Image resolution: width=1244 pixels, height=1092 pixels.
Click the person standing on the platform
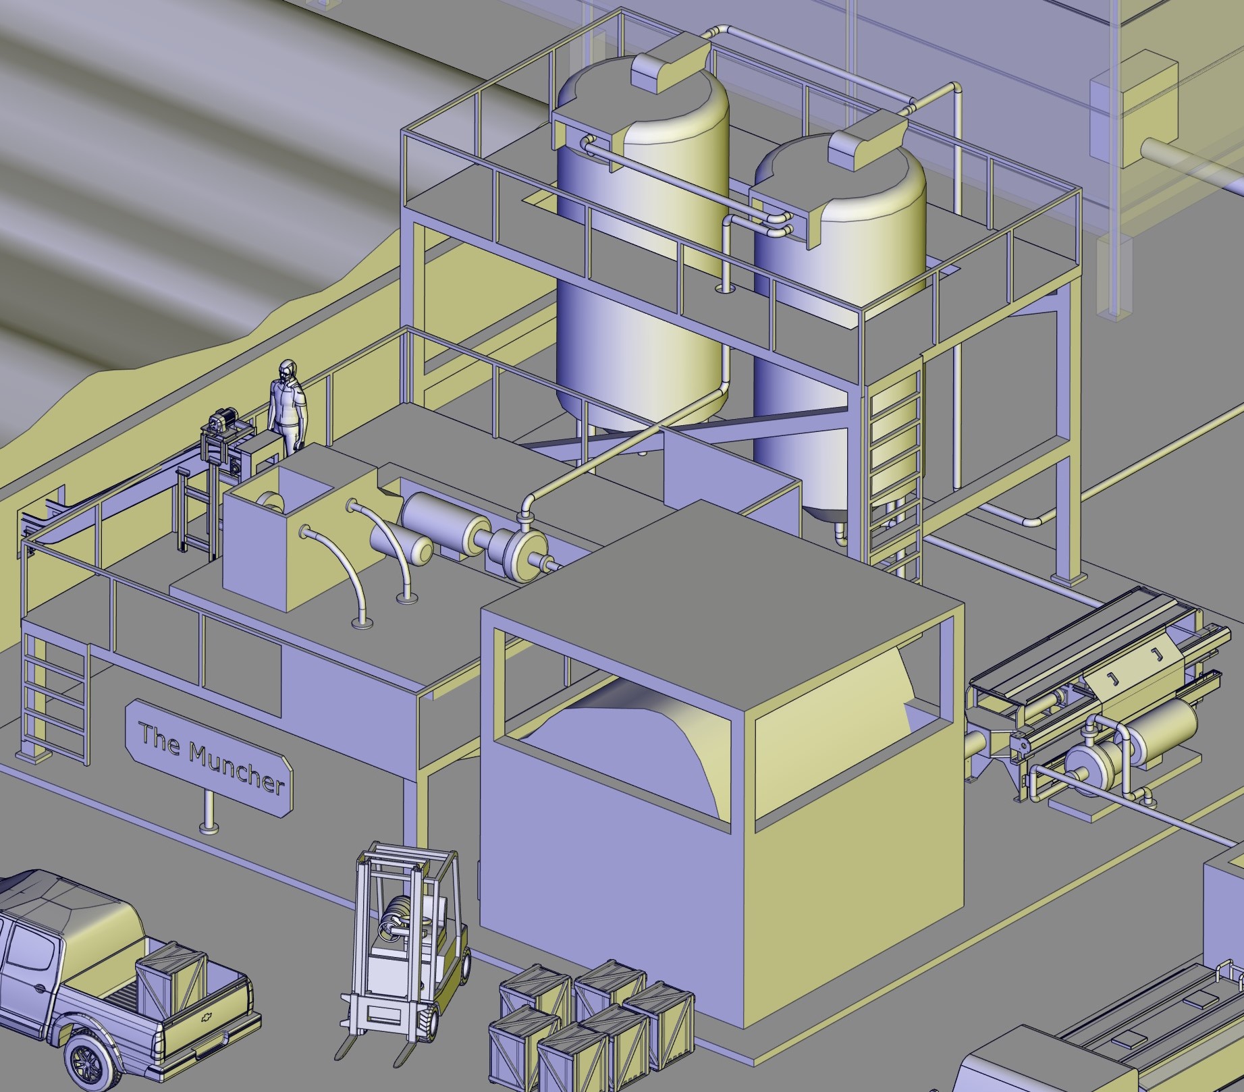(x=288, y=407)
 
